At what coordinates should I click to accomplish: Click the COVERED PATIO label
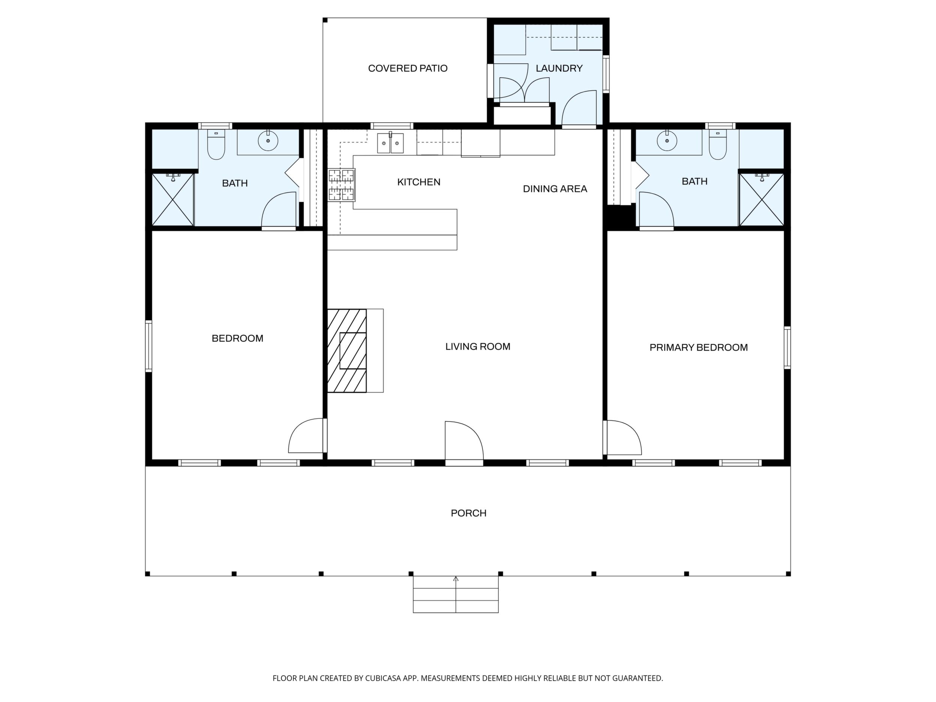[x=408, y=68]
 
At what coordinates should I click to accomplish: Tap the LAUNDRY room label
[x=559, y=68]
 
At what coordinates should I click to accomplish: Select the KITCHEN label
[x=418, y=182]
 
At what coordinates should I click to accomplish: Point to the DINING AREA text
[x=555, y=189]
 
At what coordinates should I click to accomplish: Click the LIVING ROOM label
[x=478, y=346]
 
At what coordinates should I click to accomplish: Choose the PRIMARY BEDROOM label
[x=699, y=347]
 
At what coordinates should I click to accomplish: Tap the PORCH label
[x=468, y=513]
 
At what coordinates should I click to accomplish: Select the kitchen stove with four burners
[x=342, y=184]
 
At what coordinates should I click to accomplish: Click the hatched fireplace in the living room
[x=347, y=351]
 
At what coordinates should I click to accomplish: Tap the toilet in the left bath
[x=216, y=144]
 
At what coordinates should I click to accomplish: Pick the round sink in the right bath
[x=667, y=140]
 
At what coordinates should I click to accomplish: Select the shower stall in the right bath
[x=762, y=199]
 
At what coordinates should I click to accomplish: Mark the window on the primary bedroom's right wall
[x=787, y=347]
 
